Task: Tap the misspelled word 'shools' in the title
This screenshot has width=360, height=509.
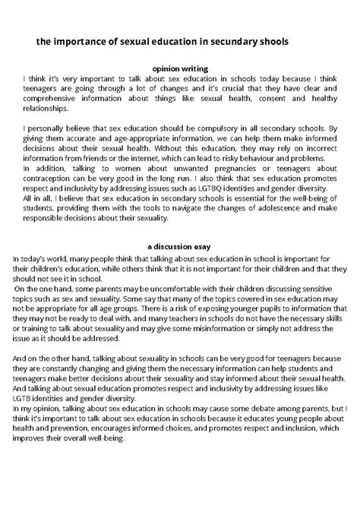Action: pos(269,42)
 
